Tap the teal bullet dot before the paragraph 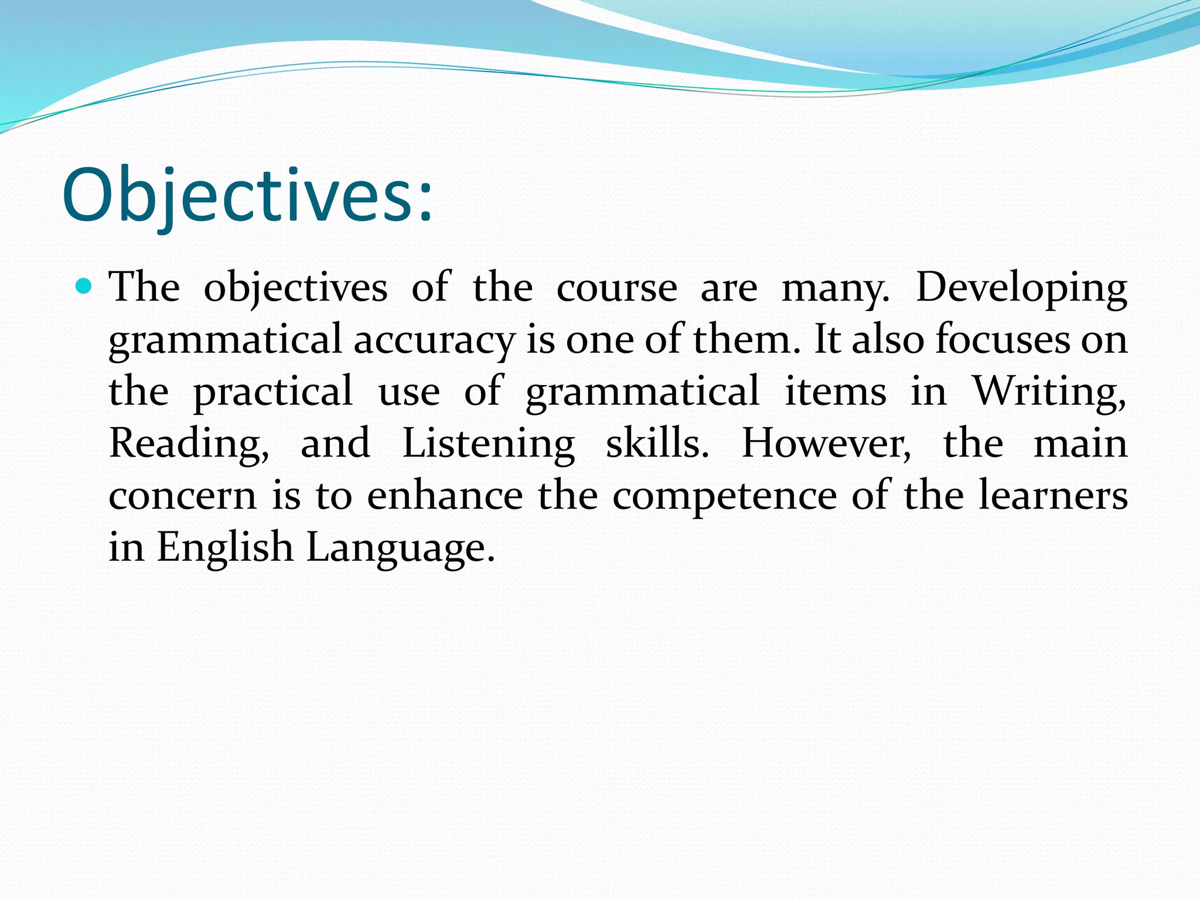(84, 287)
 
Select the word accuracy (434, 340)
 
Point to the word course (616, 288)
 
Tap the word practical (273, 392)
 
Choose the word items (836, 391)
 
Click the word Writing (1049, 391)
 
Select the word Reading (189, 444)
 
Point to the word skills (657, 443)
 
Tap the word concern (183, 496)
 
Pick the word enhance (445, 495)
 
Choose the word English (225, 548)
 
